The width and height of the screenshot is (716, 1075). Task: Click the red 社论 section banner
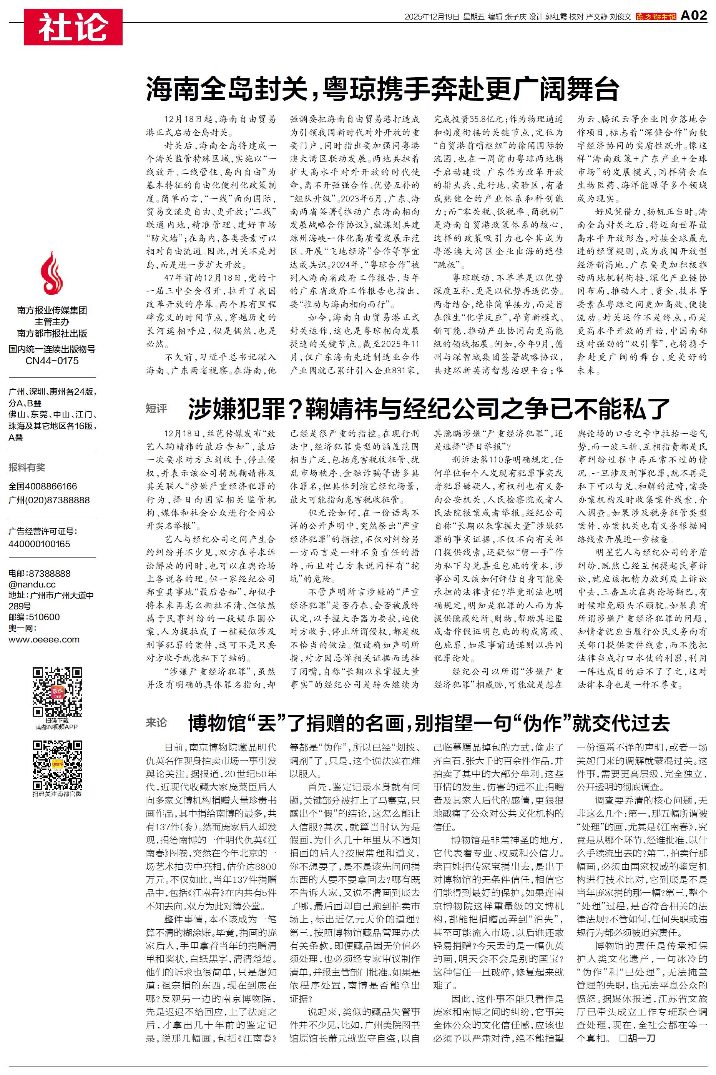pos(73,27)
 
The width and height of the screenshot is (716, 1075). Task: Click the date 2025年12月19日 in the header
pos(431,17)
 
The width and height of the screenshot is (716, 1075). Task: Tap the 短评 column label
pos(157,408)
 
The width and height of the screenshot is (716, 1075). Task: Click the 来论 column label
pos(157,722)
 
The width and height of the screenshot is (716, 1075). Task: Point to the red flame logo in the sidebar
pos(51,274)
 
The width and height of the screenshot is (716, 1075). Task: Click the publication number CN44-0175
pos(51,361)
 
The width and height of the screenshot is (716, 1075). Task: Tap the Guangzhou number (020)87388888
pos(49,500)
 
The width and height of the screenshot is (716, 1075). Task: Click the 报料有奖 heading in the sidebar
pos(27,467)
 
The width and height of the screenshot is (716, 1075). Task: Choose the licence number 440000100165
pos(39,544)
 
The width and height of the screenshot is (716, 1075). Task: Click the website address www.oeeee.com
pos(44,639)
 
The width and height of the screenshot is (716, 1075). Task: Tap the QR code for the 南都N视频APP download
pos(57,692)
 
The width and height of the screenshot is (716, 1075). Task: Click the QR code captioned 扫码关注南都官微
pos(57,766)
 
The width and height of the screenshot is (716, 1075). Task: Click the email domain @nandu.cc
pos(32,584)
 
